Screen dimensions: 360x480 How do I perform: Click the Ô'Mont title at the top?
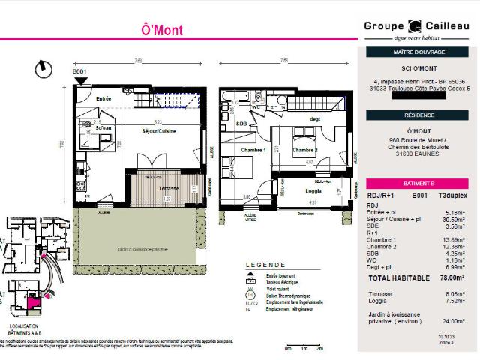(x=161, y=31)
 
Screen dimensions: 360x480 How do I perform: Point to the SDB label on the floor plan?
(x=241, y=124)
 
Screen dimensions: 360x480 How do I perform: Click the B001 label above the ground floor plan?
(x=80, y=72)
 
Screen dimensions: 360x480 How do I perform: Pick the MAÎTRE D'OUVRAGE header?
(x=418, y=52)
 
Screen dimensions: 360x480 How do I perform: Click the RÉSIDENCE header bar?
(x=418, y=115)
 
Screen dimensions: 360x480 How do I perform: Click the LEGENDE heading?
(x=265, y=265)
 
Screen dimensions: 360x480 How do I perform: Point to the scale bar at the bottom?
(x=304, y=346)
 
